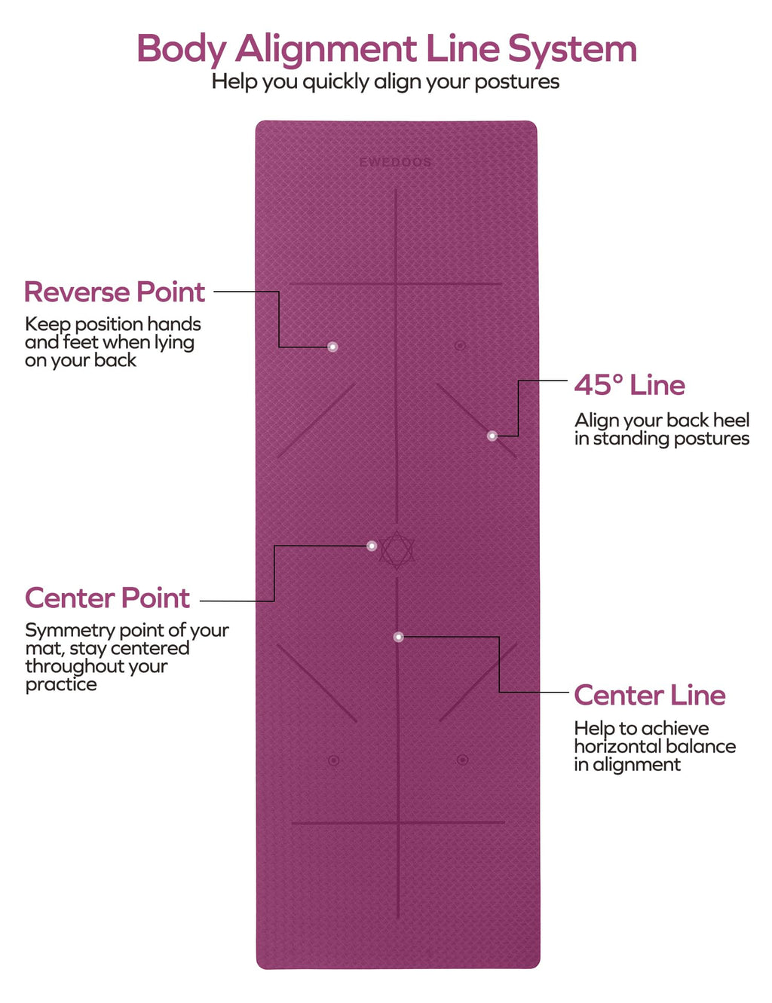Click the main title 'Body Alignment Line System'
pyautogui.click(x=387, y=49)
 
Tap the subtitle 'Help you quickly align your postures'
pyautogui.click(x=385, y=82)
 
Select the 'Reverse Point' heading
pyautogui.click(x=115, y=292)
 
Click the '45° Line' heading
pyautogui.click(x=630, y=385)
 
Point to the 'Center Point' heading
pyautogui.click(x=107, y=598)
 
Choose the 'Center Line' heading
pyautogui.click(x=650, y=696)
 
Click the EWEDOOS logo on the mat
pyautogui.click(x=395, y=163)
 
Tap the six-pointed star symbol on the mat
pyautogui.click(x=397, y=550)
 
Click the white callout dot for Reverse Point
pyautogui.click(x=332, y=347)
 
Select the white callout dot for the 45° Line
pyautogui.click(x=492, y=436)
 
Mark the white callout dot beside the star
pyautogui.click(x=372, y=546)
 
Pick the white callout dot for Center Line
pyautogui.click(x=399, y=637)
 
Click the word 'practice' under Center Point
pyautogui.click(x=61, y=685)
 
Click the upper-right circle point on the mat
pyautogui.click(x=460, y=345)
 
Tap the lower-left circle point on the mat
pyautogui.click(x=333, y=760)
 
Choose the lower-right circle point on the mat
pyautogui.click(x=462, y=760)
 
